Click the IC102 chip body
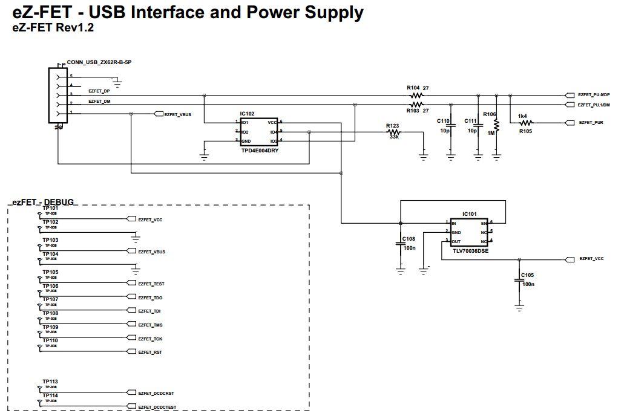point(259,131)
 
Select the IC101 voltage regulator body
point(469,232)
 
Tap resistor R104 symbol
point(415,96)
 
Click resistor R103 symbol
point(415,105)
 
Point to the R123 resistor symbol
point(394,132)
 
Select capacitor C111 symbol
point(478,126)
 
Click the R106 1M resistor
point(496,125)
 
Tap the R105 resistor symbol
point(525,123)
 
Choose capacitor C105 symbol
point(519,280)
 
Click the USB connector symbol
point(58,96)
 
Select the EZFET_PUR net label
point(591,123)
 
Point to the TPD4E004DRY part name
point(259,150)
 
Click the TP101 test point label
point(50,208)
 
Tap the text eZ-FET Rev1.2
point(53,27)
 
